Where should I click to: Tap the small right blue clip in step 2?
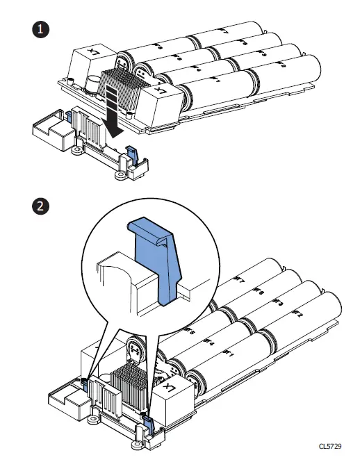(x=146, y=418)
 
